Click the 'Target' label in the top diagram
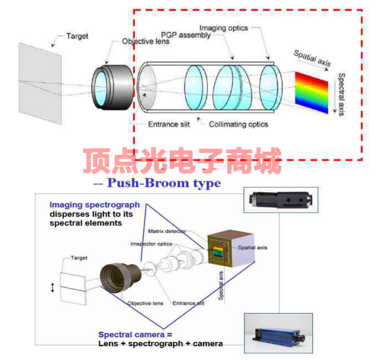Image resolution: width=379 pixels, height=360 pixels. [77, 36]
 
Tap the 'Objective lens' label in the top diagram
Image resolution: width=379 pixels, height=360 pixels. [145, 41]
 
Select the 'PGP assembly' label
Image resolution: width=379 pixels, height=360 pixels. [186, 35]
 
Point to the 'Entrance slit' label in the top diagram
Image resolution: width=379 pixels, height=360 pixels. [169, 124]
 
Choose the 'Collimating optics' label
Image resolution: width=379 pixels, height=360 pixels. [238, 124]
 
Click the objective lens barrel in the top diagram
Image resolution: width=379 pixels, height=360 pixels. [112, 83]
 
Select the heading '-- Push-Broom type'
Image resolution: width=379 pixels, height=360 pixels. [156, 183]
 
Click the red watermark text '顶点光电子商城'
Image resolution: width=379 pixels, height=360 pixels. [182, 161]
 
